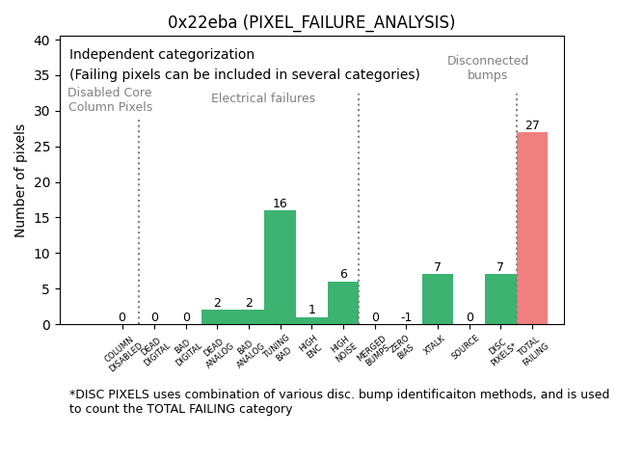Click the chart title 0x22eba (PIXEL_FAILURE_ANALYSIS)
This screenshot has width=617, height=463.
[310, 22]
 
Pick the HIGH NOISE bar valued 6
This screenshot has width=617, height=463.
[343, 303]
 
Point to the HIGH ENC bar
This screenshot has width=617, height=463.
[311, 320]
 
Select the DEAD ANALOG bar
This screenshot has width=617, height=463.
[217, 316]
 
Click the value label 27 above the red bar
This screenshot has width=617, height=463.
[532, 125]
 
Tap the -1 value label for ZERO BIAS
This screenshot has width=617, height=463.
[406, 317]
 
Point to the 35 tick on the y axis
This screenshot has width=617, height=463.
[44, 75]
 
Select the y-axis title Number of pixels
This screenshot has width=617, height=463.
[21, 180]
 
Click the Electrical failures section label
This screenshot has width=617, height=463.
[263, 98]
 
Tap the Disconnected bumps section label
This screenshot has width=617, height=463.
[488, 68]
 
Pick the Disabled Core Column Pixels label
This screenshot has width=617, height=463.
[110, 99]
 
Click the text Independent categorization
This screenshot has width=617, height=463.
[162, 55]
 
